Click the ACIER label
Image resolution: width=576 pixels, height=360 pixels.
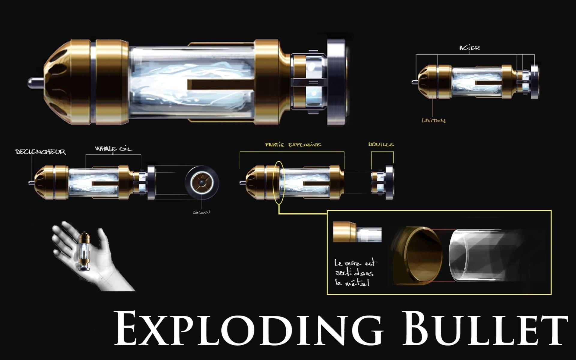click(469, 48)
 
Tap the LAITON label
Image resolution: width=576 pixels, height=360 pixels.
click(433, 121)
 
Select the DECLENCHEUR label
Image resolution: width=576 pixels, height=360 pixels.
click(40, 152)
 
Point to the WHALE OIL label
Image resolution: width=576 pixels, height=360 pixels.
click(113, 149)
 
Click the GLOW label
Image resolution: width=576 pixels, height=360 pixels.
click(201, 212)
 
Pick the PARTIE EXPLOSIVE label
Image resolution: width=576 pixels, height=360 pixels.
click(293, 145)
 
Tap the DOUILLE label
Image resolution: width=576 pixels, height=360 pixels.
click(381, 144)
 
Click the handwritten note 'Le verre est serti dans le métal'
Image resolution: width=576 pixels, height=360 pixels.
click(356, 273)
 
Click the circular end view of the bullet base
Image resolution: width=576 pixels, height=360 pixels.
click(202, 182)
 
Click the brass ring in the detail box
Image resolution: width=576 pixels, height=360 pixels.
click(418, 256)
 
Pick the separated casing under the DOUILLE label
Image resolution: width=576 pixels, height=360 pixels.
click(382, 182)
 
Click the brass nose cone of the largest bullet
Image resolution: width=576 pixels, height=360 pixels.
click(69, 82)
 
